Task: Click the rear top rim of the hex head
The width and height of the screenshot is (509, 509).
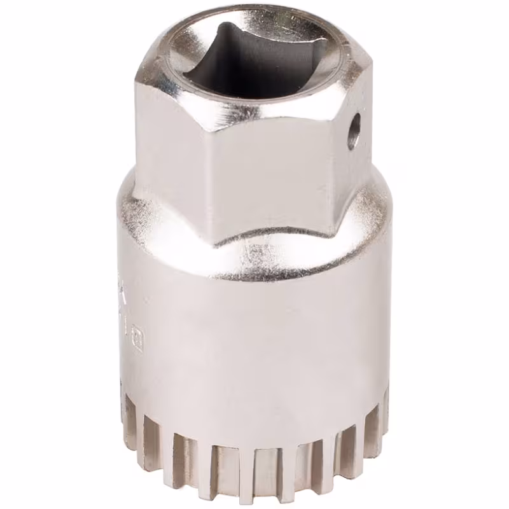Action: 254,13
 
